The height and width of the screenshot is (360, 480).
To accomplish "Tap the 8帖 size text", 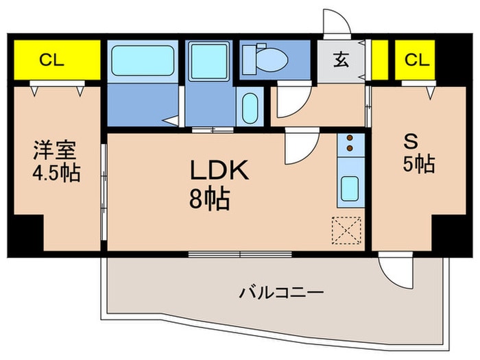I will [x=210, y=200].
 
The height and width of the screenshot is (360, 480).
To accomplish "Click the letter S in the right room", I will [x=410, y=142].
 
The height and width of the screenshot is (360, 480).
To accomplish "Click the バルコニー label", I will [x=280, y=293].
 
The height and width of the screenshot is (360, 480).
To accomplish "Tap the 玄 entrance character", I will [x=341, y=60].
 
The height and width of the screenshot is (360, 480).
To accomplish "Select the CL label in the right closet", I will [x=416, y=60].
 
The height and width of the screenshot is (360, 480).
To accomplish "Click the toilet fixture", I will [x=266, y=58].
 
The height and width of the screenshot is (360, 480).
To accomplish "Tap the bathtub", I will [x=143, y=61].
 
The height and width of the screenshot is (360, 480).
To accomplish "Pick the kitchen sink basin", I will [x=350, y=186].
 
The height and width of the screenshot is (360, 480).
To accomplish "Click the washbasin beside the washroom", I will [x=250, y=108].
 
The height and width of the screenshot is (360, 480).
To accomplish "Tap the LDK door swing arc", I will [x=300, y=146].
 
